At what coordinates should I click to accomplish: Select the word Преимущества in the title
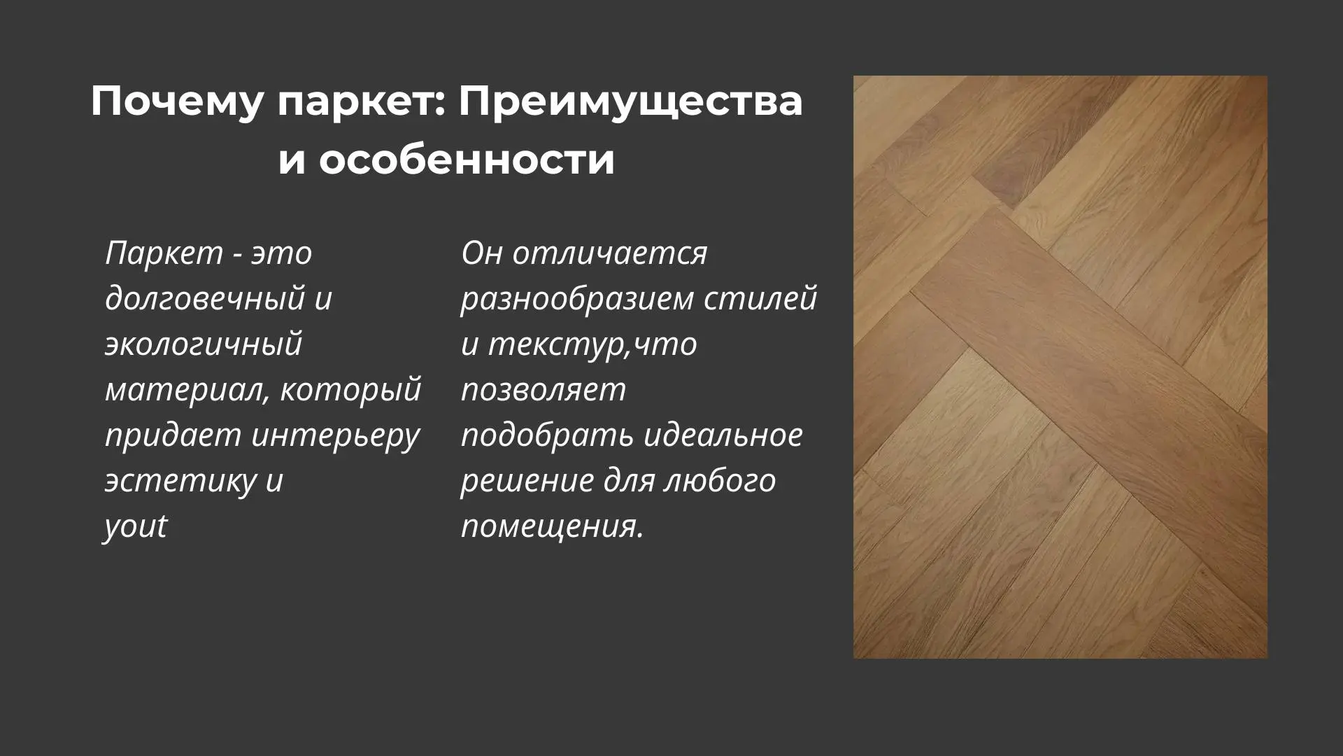pos(630,102)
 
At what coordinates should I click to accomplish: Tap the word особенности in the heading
pos(467,160)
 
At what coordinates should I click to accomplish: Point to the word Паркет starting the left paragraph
pos(164,253)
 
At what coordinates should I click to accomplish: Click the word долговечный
pos(205,298)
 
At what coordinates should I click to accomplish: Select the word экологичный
pos(204,344)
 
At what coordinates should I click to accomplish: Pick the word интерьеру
pos(335,435)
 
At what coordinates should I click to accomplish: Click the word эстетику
pos(180,480)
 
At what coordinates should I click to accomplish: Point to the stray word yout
pos(136,526)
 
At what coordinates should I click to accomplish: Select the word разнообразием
pos(577,298)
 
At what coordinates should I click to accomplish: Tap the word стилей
pos(760,298)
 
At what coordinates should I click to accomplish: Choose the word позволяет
pos(543,389)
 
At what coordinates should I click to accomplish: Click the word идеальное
pos(723,435)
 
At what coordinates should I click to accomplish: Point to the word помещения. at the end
pos(552,526)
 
